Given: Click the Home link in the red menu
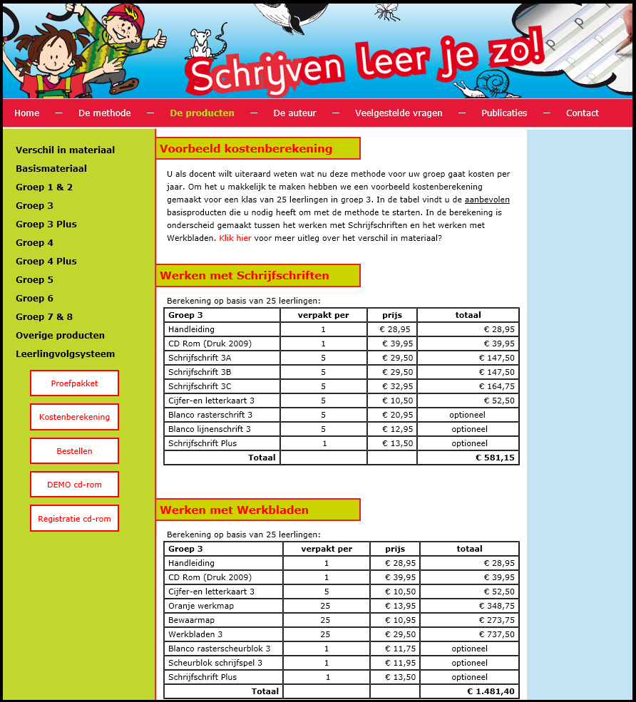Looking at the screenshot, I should [27, 113].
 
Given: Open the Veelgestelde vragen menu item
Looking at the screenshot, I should [399, 113].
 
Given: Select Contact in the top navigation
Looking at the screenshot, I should [582, 113].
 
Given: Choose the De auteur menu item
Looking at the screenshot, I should [294, 113].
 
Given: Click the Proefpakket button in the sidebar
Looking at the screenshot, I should [74, 383].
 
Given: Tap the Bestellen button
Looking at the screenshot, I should [74, 451].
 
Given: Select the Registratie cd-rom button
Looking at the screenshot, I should [74, 519].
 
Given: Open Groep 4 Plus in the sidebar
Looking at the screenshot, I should [46, 262].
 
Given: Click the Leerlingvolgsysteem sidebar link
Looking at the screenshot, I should [65, 354].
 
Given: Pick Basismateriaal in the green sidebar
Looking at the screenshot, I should [51, 169].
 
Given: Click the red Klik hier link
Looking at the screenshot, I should [235, 238].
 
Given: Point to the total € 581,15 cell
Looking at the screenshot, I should [494, 458].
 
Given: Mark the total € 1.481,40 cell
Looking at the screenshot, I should [491, 691].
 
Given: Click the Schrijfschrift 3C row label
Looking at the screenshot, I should [200, 386].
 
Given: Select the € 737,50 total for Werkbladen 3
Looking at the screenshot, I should [496, 634].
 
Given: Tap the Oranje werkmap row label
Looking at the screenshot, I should [201, 606].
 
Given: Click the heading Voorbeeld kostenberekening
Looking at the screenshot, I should [246, 149].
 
